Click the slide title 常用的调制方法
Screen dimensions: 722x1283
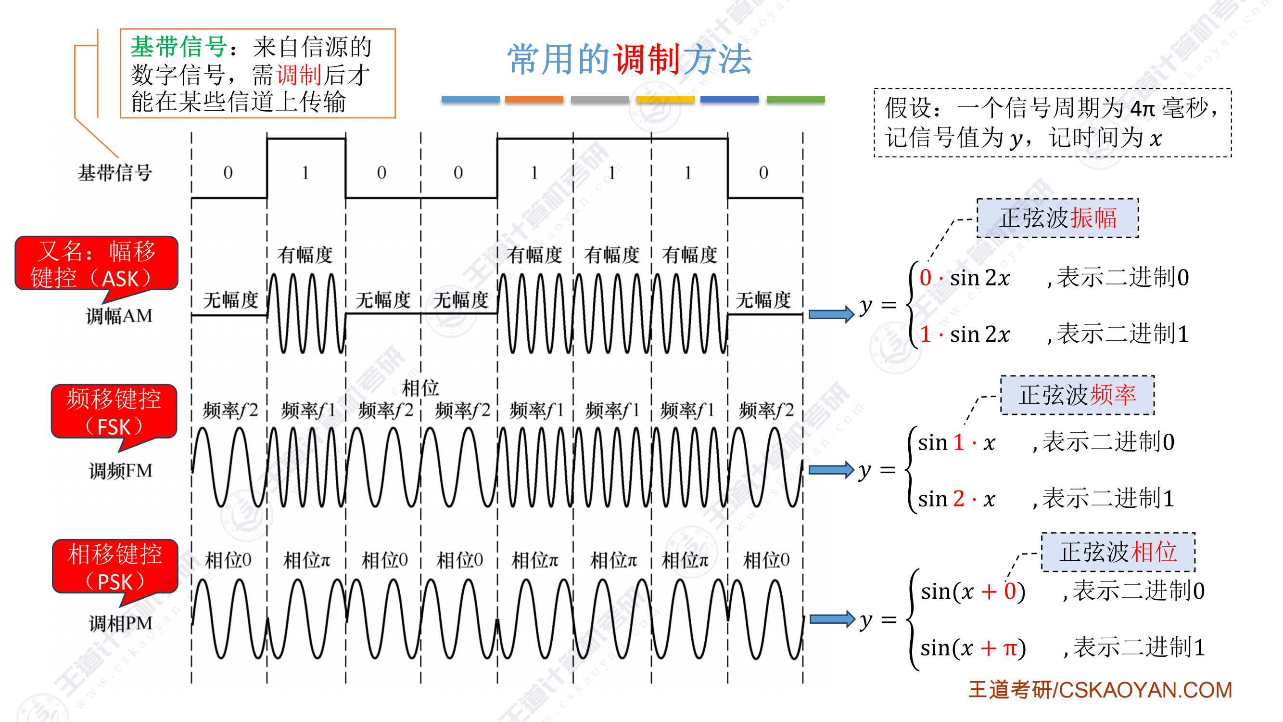630,59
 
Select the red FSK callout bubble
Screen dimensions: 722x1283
114,412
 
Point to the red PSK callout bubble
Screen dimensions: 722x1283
115,567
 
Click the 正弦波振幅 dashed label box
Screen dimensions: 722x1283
1058,218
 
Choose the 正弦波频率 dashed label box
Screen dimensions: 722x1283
1077,395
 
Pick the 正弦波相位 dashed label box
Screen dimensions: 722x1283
1118,552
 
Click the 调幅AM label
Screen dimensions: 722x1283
119,316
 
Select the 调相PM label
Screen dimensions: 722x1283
121,623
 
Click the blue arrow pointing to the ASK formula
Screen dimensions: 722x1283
831,314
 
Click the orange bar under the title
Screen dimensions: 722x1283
534,99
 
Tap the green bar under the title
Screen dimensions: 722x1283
795,99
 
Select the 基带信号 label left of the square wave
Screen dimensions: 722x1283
114,173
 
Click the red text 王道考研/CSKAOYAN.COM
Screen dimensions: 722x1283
1100,690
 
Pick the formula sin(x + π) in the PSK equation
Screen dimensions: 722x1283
973,648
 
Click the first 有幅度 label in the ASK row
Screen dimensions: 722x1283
305,255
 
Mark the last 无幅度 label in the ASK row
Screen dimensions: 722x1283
763,300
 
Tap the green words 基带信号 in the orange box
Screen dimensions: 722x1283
178,47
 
